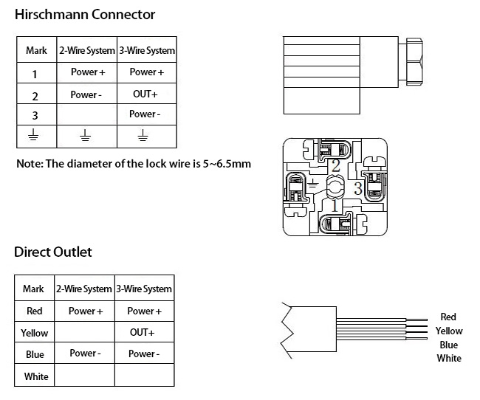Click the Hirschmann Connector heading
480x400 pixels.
(x=86, y=15)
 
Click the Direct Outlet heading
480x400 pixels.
(x=53, y=252)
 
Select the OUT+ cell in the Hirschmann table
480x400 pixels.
(x=146, y=94)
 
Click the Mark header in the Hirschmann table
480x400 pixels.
(x=37, y=51)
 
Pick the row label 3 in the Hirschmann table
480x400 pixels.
(x=35, y=115)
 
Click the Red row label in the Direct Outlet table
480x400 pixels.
(x=34, y=311)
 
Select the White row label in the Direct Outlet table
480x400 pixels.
(x=35, y=376)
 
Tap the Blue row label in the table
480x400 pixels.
(x=35, y=354)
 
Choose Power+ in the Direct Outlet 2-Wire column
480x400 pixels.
(x=86, y=311)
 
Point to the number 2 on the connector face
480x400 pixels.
(x=335, y=165)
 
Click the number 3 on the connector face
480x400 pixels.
(x=358, y=189)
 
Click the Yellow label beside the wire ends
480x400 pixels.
(x=449, y=331)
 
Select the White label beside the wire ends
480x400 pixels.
(x=449, y=358)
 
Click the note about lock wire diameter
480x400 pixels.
(x=134, y=163)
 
